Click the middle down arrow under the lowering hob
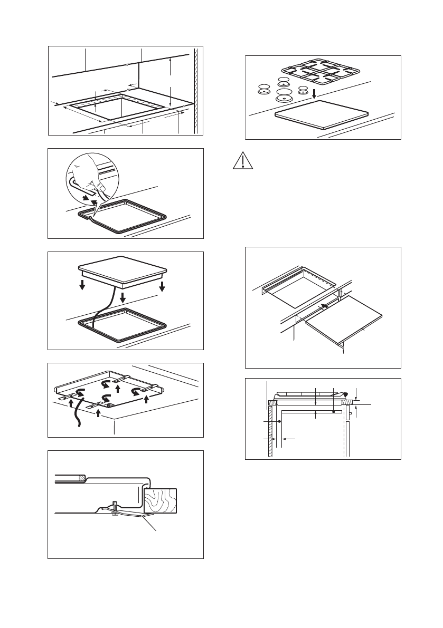(122, 297)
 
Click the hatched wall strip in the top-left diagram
(196, 90)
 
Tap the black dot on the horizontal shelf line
(334, 412)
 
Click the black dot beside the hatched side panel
(279, 421)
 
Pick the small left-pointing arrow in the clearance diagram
(288, 438)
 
